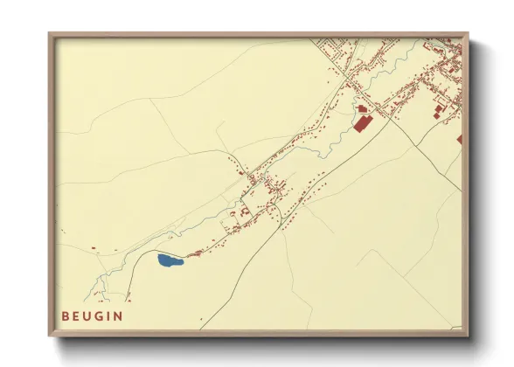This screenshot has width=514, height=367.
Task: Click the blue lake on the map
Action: coord(169,260)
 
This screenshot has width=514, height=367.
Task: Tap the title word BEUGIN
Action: coord(93,316)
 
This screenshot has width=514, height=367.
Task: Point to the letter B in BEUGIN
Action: coord(66,316)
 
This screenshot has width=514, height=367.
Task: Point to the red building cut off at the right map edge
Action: coord(459,139)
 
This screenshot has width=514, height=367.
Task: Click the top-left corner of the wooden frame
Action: coord(50,34)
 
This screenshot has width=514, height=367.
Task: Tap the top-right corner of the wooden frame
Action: coord(468,34)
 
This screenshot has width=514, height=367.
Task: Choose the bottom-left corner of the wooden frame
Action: coord(50,336)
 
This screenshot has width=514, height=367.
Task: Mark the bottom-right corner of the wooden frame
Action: coord(468,336)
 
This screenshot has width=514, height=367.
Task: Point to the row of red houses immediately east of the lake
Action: coord(194,254)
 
